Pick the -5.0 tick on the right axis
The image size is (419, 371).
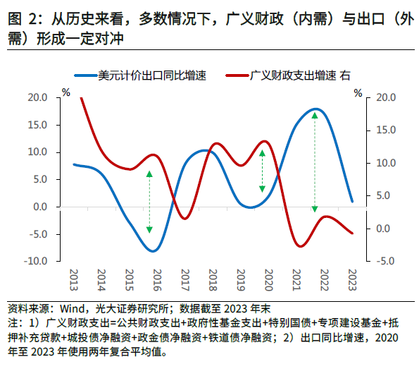tap(386, 261)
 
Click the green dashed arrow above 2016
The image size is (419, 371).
tap(149, 202)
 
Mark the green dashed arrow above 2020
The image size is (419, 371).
tap(262, 170)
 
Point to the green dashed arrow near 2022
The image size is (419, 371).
tap(315, 162)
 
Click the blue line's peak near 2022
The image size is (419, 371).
tap(315, 109)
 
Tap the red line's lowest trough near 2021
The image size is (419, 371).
tap(301, 246)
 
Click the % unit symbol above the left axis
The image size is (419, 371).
tap(66, 92)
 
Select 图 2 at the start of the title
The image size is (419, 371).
tap(23, 20)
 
